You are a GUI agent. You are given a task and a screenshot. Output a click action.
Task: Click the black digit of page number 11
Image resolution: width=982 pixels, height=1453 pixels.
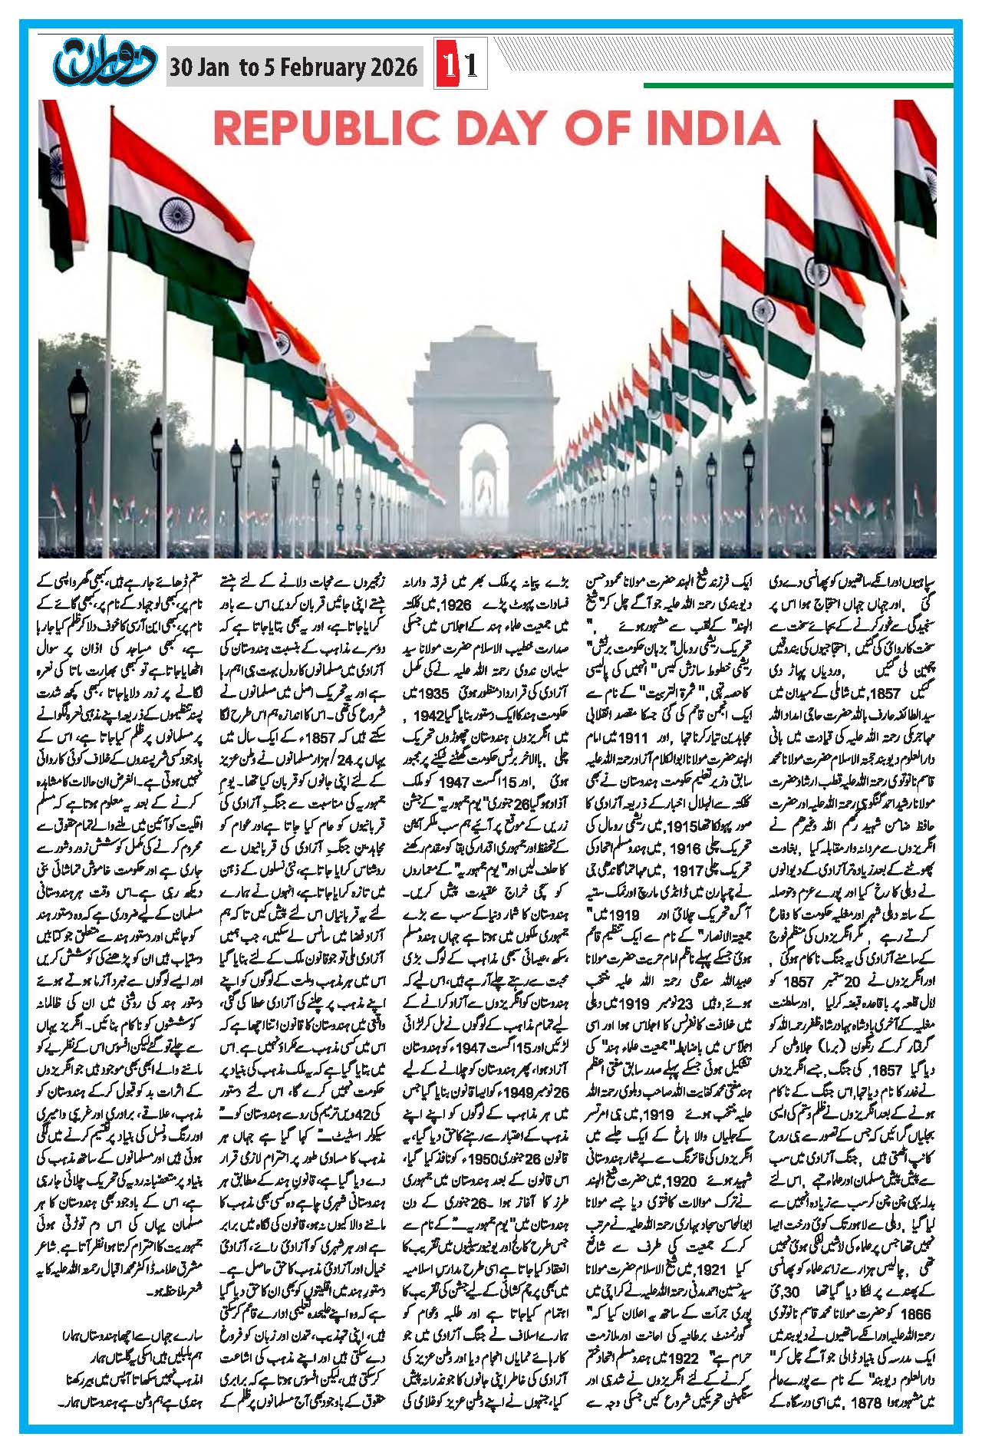click(470, 67)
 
